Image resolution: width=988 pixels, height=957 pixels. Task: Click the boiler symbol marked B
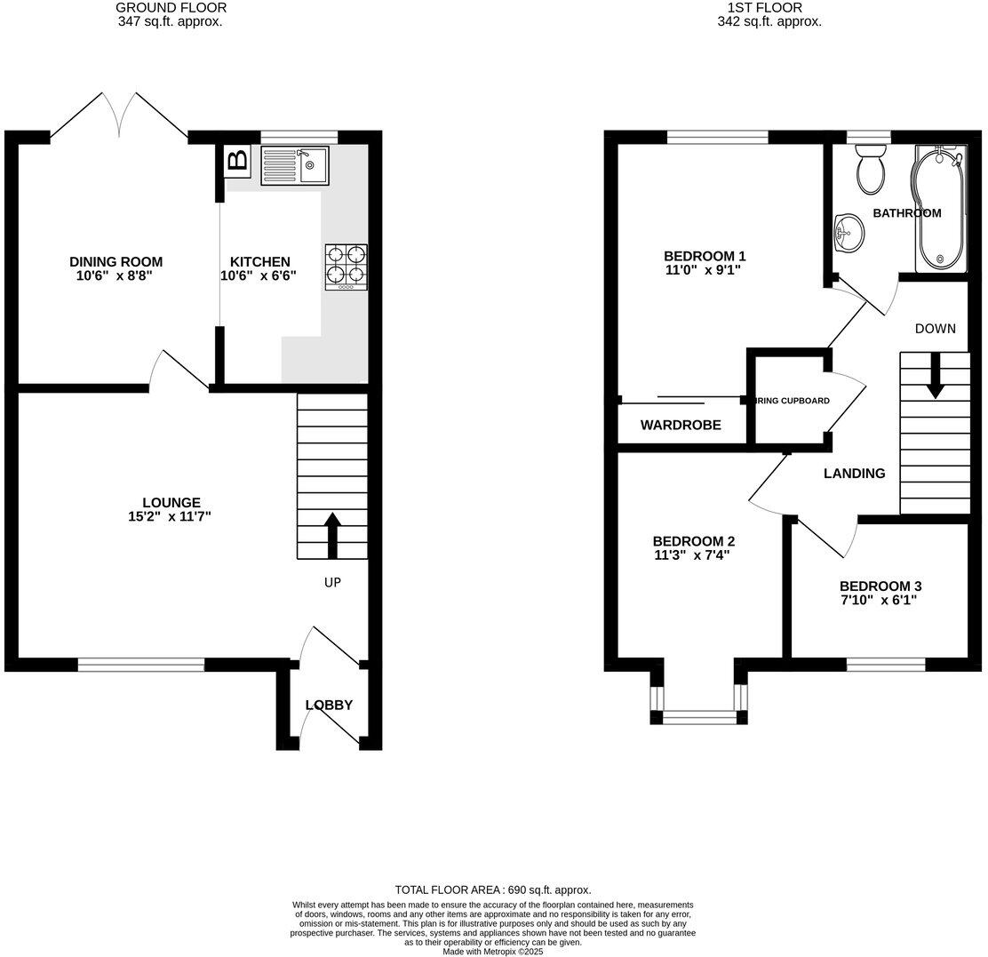point(237,161)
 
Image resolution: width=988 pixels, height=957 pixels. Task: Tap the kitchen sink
point(294,166)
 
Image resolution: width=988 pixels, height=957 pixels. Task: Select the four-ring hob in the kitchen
point(347,265)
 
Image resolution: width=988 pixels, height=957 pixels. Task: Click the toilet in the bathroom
point(868,171)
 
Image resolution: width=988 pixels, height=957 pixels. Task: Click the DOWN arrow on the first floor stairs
point(935,377)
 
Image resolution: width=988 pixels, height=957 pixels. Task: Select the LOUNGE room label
point(171,502)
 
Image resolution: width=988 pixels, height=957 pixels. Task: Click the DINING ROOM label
point(116,261)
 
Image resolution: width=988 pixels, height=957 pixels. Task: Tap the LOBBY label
point(329,705)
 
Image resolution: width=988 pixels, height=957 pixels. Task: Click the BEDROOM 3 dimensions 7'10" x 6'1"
point(880,601)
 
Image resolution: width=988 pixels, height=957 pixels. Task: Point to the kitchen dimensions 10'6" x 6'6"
point(259,276)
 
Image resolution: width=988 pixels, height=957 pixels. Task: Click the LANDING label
point(854,474)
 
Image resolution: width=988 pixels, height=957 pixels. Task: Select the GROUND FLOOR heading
point(171,8)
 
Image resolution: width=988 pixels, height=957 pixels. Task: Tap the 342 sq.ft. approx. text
point(769,22)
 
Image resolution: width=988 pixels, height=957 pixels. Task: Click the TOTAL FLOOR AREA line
point(493,889)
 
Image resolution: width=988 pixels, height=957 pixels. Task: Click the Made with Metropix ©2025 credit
point(492,951)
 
